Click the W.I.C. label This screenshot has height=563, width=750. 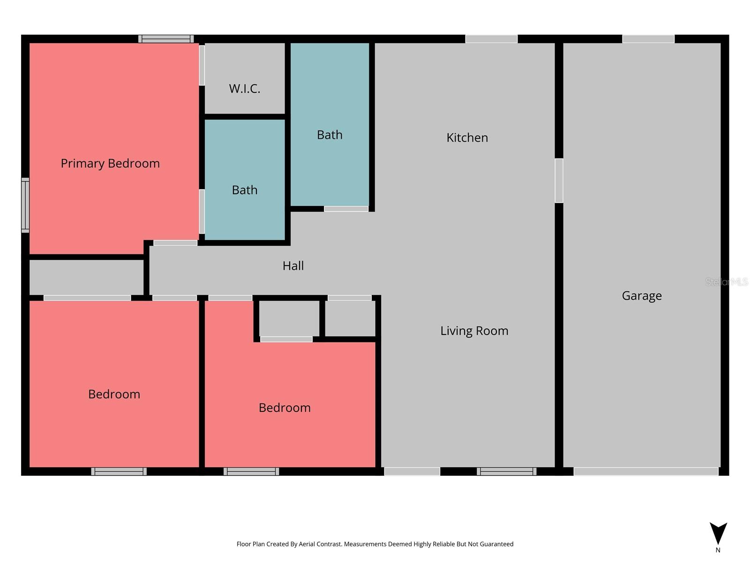[244, 89]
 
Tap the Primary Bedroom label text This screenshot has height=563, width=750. [110, 163]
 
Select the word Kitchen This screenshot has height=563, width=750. [467, 137]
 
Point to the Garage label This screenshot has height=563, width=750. [642, 296]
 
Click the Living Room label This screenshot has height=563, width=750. [474, 331]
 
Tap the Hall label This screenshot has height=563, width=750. [293, 266]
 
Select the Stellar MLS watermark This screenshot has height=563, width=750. [726, 282]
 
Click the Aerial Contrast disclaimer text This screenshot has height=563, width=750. [375, 544]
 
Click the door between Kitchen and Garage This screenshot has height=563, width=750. [559, 181]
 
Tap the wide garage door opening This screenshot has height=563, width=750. [645, 471]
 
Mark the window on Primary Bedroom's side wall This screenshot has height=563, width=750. [25, 205]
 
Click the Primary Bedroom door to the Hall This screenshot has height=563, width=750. [175, 243]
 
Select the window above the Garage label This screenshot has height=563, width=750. [648, 39]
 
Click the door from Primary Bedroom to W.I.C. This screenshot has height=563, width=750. [202, 65]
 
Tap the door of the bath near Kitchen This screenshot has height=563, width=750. [346, 209]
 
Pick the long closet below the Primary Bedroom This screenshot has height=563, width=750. [86, 277]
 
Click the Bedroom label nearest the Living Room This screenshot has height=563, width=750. [285, 408]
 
